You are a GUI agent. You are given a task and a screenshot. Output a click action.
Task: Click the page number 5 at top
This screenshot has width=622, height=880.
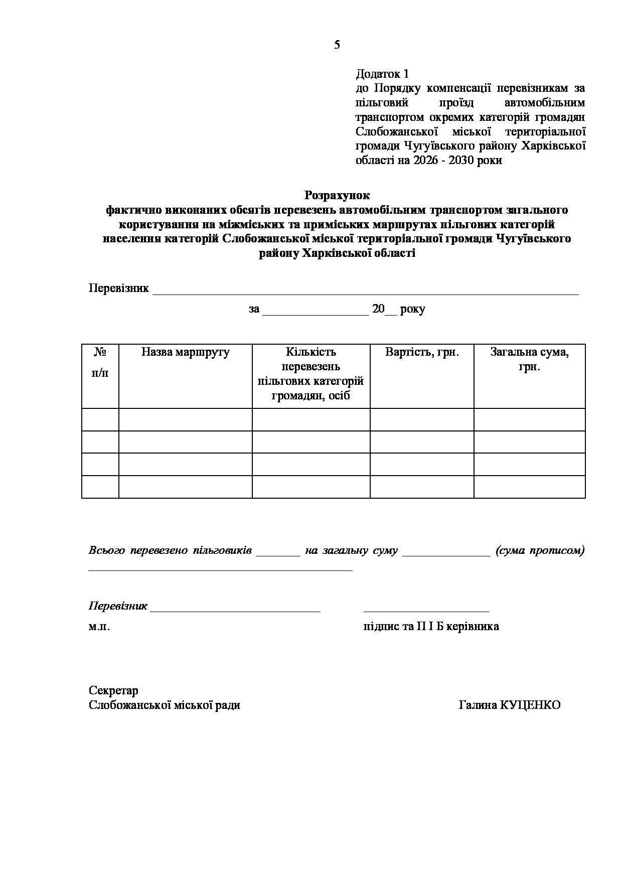[337, 45]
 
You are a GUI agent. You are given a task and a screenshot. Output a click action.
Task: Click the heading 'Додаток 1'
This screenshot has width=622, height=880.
[382, 74]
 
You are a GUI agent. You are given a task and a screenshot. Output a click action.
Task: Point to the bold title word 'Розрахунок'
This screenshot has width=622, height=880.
[337, 195]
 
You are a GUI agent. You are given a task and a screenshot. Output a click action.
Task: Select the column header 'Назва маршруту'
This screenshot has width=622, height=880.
[185, 352]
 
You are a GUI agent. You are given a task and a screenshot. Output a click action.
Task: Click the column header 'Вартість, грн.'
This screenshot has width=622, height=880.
[422, 352]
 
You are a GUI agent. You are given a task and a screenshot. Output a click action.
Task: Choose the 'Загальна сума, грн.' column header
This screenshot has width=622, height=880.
[529, 359]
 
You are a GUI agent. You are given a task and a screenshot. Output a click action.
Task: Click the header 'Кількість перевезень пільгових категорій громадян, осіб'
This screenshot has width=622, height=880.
[311, 374]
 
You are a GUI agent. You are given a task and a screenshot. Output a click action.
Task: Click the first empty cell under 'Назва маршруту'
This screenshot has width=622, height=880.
[185, 420]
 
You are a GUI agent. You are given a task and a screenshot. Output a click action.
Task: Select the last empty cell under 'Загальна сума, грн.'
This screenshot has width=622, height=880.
[529, 487]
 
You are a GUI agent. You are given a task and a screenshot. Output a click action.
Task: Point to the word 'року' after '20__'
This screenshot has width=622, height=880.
[413, 309]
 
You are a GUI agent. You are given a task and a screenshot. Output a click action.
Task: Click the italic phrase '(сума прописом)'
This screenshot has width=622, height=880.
[540, 550]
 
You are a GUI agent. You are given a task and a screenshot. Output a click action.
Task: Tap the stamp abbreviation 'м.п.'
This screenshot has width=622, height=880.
[99, 627]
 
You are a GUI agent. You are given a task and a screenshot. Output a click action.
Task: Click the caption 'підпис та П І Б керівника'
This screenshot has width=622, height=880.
[431, 627]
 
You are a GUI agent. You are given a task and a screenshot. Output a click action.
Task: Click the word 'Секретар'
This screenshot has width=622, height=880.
[113, 691]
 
